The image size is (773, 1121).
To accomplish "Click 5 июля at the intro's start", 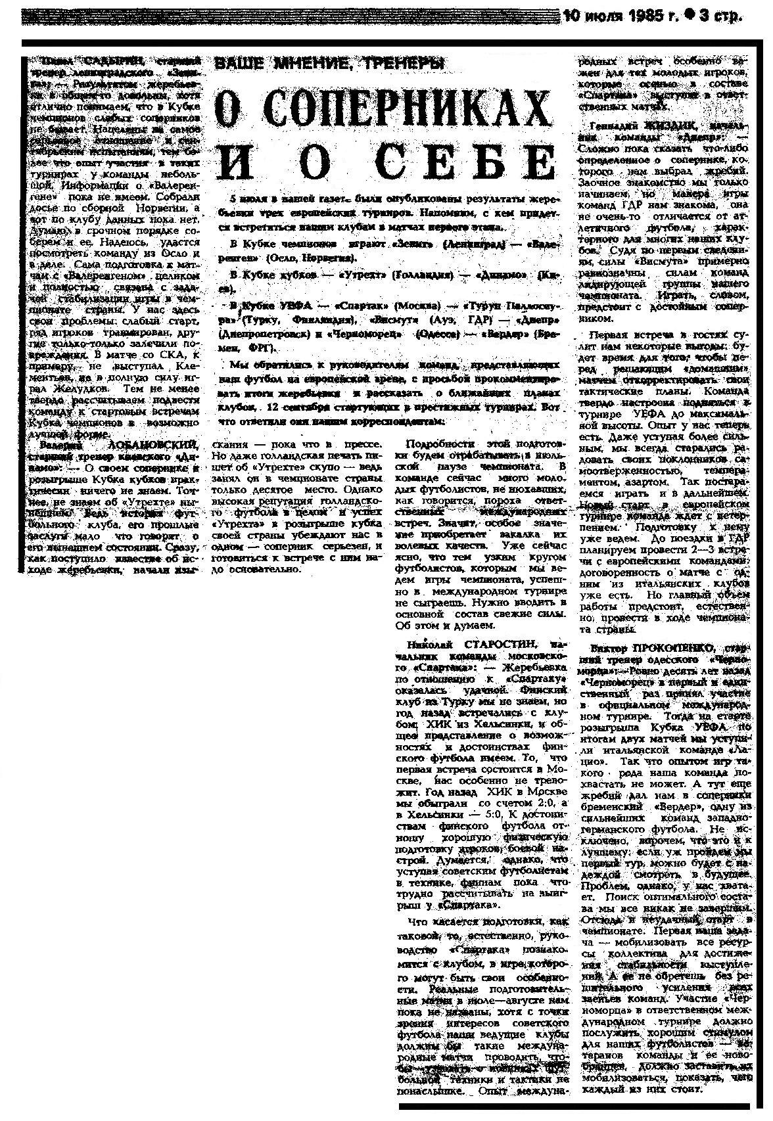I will point(243,198).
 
